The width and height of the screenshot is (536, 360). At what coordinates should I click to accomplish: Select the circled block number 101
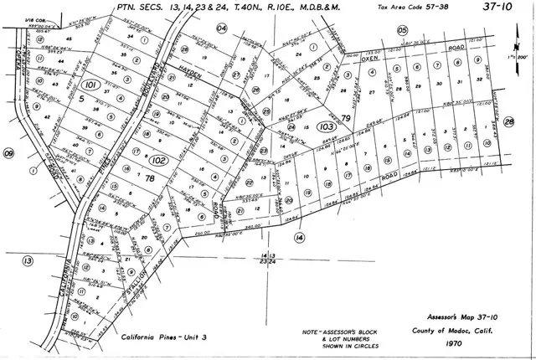[91, 85]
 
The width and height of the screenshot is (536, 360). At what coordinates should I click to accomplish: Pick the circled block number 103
[304, 126]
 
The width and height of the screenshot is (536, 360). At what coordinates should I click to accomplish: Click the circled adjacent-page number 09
[9, 153]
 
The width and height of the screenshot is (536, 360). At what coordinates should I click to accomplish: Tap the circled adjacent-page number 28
[508, 123]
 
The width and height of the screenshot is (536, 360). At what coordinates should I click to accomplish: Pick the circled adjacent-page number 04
[221, 28]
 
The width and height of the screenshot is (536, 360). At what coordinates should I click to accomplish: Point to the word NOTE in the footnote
[312, 332]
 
